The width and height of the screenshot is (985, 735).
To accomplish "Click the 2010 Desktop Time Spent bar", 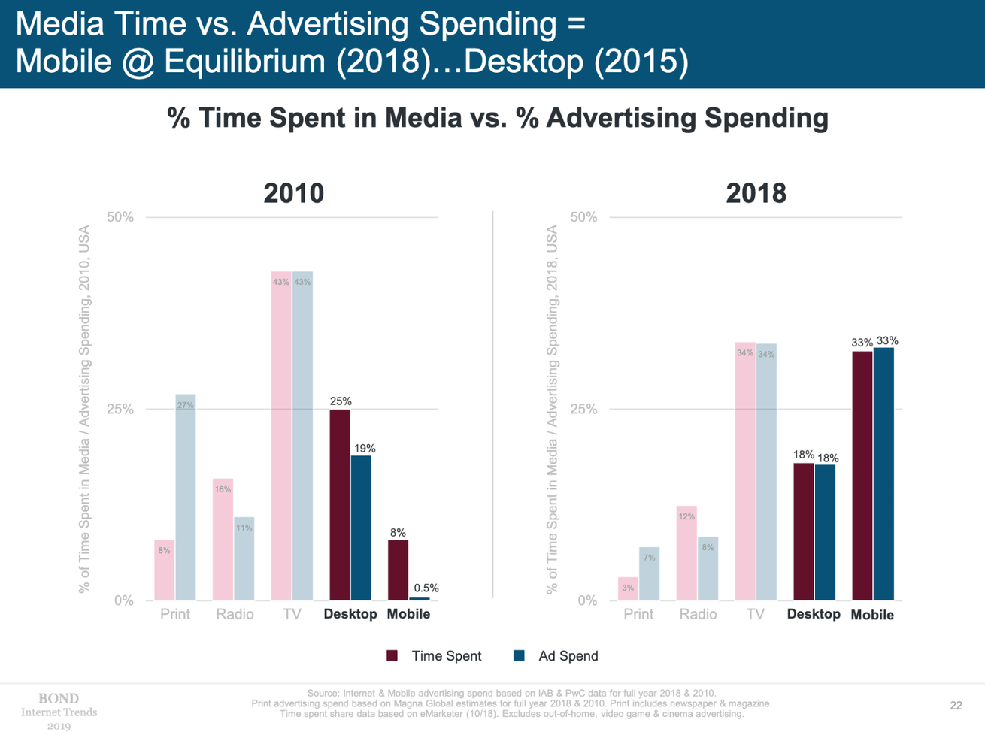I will click(x=340, y=504).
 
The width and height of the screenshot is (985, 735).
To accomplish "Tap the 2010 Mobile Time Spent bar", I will click(x=398, y=570).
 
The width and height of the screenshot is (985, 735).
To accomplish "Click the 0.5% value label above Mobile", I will click(x=426, y=588).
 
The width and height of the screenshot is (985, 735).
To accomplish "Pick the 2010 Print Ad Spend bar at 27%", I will click(x=186, y=497).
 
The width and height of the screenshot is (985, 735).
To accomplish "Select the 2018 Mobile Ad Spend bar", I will click(x=883, y=473).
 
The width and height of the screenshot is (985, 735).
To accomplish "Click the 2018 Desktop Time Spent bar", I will click(x=804, y=531).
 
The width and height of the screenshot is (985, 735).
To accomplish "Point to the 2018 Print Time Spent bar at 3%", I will click(x=628, y=588).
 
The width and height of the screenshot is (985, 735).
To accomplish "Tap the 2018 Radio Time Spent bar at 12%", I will click(x=686, y=552).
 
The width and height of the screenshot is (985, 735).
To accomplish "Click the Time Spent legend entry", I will click(x=435, y=656).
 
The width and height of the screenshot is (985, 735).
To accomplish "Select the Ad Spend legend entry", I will click(x=556, y=656).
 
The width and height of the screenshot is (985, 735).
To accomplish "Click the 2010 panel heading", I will click(x=293, y=193).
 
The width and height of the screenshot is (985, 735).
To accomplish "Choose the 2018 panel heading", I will click(x=756, y=193).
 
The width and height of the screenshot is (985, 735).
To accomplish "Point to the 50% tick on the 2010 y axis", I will click(x=120, y=217).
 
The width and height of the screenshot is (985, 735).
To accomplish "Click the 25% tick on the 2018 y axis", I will click(x=583, y=410).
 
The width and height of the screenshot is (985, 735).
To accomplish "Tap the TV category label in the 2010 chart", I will click(x=292, y=614).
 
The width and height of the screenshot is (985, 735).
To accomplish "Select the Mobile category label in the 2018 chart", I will click(x=872, y=615).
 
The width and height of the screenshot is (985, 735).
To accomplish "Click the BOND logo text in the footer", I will click(x=59, y=699).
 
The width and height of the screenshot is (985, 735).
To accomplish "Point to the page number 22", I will click(x=956, y=705).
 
